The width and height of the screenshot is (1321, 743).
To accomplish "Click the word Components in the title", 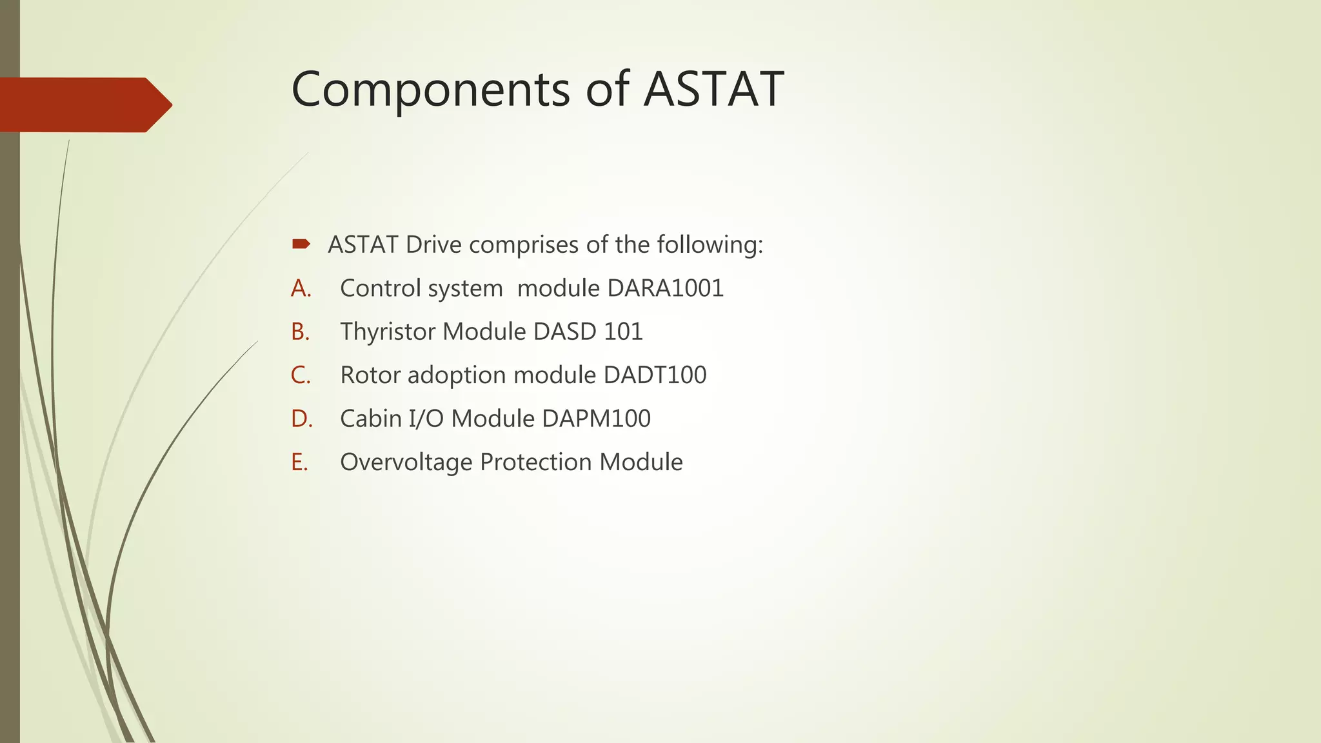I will pyautogui.click(x=430, y=89).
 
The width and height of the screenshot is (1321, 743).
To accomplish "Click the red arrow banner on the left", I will pyautogui.click(x=84, y=104).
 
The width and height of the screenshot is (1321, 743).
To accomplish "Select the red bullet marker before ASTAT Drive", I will pyautogui.click(x=301, y=244).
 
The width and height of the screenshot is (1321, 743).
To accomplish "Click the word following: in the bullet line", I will pyautogui.click(x=710, y=245).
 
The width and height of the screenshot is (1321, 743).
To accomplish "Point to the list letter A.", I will pyautogui.click(x=301, y=288).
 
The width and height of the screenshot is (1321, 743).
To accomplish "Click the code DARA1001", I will pyautogui.click(x=666, y=288).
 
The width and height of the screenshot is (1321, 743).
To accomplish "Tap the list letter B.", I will pyautogui.click(x=300, y=332).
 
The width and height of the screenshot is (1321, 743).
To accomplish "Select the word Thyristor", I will pyautogui.click(x=388, y=332).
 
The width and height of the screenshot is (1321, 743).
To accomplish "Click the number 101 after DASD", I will pyautogui.click(x=623, y=332).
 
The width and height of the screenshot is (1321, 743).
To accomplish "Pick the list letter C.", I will pyautogui.click(x=301, y=375).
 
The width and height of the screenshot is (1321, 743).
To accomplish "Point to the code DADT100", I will pyautogui.click(x=655, y=375).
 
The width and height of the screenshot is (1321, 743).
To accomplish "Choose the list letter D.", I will pyautogui.click(x=301, y=419).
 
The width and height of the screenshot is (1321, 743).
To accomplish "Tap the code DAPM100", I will pyautogui.click(x=596, y=419).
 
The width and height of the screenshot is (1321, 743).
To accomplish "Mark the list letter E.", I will pyautogui.click(x=299, y=462).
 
